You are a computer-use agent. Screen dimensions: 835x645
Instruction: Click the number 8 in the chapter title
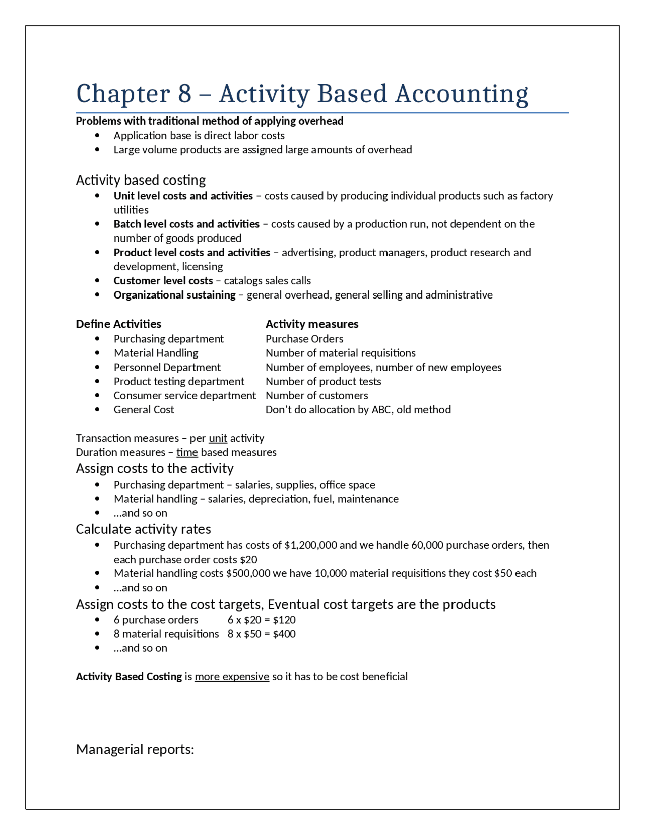coord(185,94)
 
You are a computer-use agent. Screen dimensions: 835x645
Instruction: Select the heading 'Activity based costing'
coord(141,180)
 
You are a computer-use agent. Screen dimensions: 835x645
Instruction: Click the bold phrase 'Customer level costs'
coord(163,281)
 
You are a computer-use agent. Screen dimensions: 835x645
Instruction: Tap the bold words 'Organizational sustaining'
coord(174,295)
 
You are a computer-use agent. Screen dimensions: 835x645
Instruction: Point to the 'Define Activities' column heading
coord(118,324)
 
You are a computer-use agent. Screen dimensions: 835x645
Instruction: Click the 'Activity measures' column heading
coord(312,324)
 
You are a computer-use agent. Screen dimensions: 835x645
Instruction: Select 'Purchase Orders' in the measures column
coord(304,339)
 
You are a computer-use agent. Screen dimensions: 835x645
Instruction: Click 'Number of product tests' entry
coord(323,382)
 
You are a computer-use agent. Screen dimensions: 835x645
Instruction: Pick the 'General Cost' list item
coord(144,410)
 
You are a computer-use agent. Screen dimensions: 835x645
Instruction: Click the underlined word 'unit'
coord(218,438)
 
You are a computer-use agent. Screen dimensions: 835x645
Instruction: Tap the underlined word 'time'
coord(187,452)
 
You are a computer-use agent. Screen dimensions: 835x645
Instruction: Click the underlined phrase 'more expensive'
coord(232,677)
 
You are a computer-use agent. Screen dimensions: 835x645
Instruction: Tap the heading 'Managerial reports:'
coord(135,749)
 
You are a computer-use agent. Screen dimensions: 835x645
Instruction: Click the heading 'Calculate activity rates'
coord(143,529)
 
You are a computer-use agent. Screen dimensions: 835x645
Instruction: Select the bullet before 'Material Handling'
coord(97,353)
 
